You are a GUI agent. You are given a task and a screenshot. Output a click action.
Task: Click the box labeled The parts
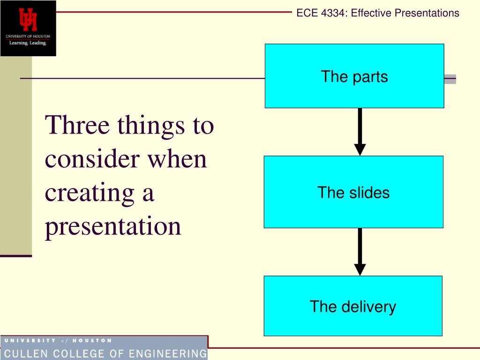[354, 76]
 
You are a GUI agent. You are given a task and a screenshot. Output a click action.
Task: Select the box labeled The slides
[353, 192]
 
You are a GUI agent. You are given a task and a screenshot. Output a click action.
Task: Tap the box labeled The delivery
[353, 306]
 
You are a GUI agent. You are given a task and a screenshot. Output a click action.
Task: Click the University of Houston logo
[28, 28]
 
